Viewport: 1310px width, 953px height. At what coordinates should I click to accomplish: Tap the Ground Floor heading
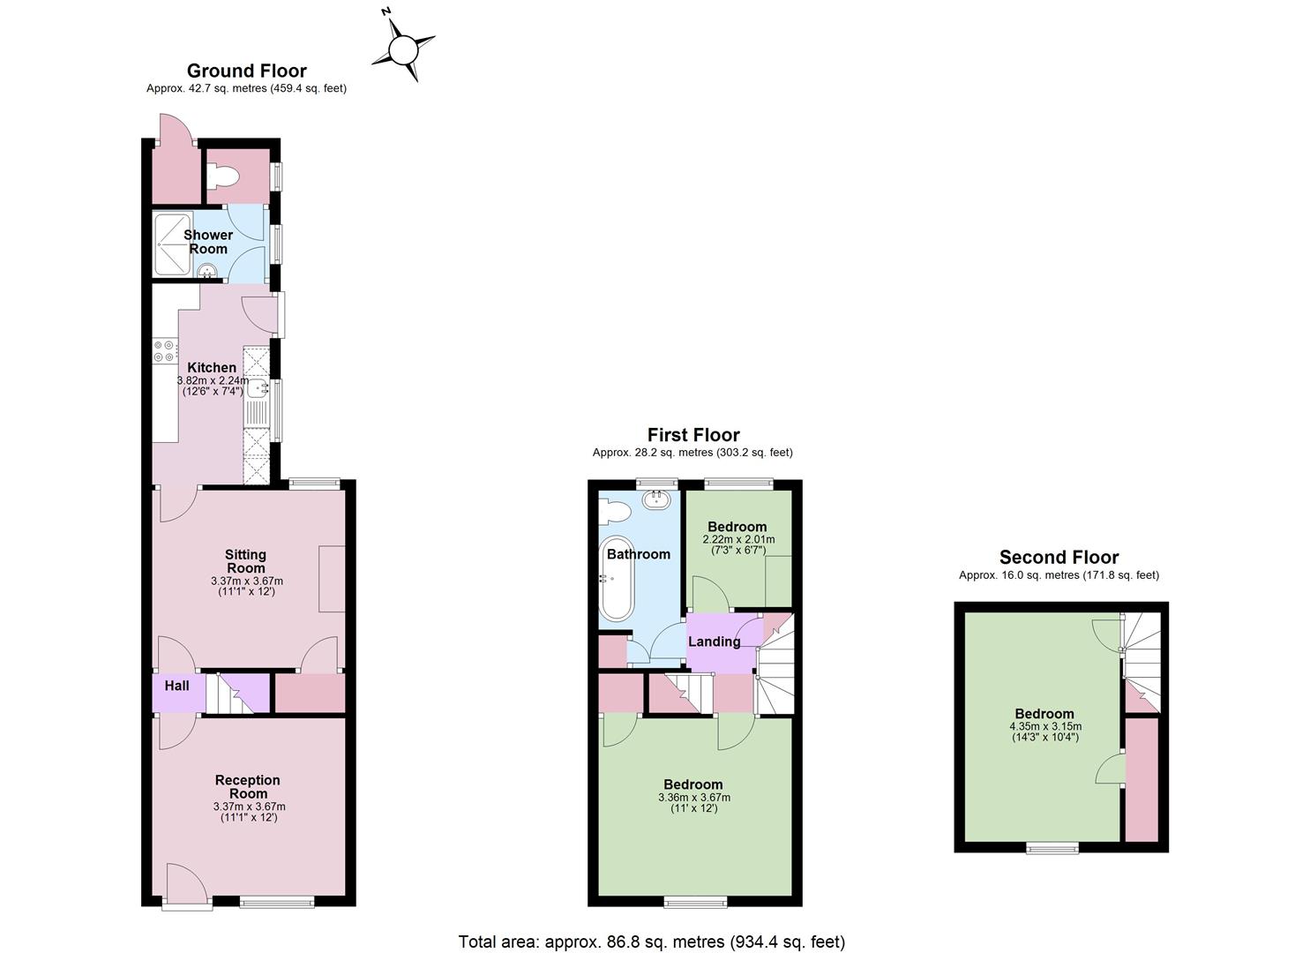coord(247,71)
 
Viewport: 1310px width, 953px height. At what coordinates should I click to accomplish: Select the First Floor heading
coord(693,435)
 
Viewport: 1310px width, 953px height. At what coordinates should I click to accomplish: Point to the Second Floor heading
coord(1059,557)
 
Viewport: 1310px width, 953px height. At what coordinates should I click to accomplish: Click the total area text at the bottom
coord(652,942)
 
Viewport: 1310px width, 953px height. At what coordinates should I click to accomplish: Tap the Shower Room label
coord(208,242)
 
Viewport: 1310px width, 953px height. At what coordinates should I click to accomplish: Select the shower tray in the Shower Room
coord(172,245)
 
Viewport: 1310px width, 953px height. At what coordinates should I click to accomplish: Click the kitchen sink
coord(258,387)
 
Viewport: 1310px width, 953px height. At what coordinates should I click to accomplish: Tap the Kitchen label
coord(212,367)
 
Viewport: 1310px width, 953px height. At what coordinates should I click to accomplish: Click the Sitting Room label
coord(245,561)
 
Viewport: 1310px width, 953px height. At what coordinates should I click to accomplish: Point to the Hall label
coord(176,686)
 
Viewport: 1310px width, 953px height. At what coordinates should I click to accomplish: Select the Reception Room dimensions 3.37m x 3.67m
coord(249,807)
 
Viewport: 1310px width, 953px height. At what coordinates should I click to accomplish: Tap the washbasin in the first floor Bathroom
coord(656,499)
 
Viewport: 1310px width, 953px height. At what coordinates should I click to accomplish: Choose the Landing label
coord(714,642)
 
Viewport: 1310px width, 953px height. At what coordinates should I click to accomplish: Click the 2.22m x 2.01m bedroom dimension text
coord(738,539)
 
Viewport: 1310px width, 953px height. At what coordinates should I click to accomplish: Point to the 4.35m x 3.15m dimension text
coord(1045,726)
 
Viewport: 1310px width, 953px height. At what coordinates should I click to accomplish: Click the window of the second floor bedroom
coord(1053,848)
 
